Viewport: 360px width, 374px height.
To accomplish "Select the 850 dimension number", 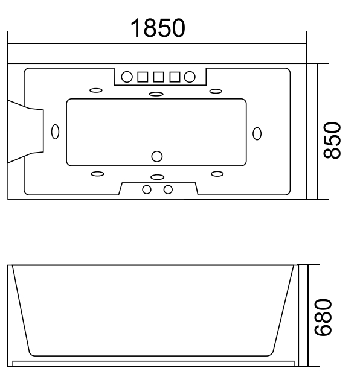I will pos(334,140).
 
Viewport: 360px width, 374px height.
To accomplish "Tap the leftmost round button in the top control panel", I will pos(127,77).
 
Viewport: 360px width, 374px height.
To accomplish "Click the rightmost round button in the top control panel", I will pos(190,77).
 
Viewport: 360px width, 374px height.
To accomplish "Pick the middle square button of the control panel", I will pos(159,77).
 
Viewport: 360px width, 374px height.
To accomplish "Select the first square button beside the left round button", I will pos(143,77).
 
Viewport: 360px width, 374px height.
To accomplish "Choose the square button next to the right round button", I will pos(175,77).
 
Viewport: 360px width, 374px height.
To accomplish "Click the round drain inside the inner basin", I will pos(157,156).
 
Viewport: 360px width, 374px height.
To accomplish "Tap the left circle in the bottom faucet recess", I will pos(147,189).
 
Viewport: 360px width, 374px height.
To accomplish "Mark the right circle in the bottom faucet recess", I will pos(168,189).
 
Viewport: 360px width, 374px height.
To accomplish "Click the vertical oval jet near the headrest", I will pos(56,132).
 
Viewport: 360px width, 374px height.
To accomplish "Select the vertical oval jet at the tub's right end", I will pos(257,133).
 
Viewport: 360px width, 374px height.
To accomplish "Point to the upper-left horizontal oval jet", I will pos(96,91).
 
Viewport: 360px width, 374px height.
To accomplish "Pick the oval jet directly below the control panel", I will pos(156,93).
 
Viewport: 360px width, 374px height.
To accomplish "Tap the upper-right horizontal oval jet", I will pos(216,91).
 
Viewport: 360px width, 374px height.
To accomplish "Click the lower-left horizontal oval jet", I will pos(96,174).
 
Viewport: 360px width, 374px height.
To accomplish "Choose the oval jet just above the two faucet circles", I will pos(157,177).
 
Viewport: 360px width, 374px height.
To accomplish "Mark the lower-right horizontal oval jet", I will pos(216,174).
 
